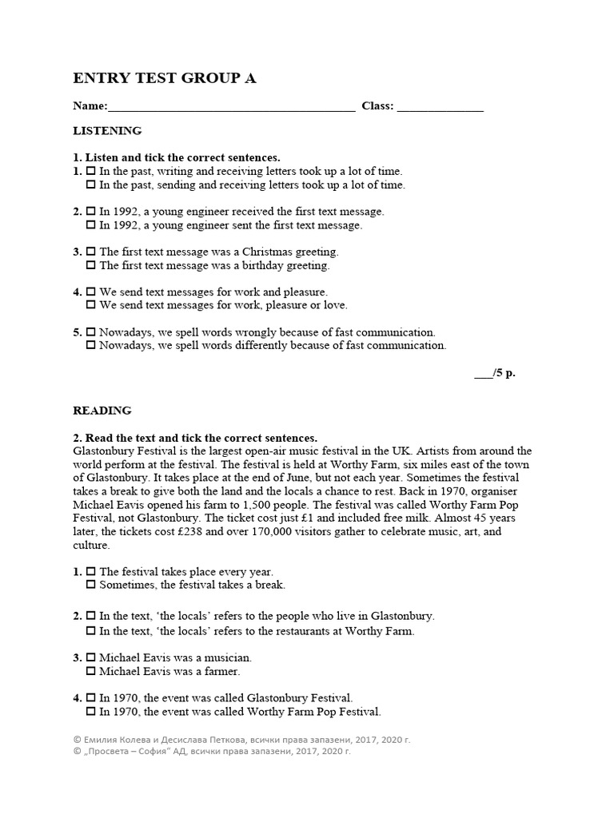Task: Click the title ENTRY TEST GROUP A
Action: pyautogui.click(x=165, y=77)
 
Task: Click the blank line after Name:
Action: pyautogui.click(x=231, y=106)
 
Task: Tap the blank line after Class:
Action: pyautogui.click(x=440, y=106)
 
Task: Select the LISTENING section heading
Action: pyautogui.click(x=107, y=130)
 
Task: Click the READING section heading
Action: pyautogui.click(x=102, y=411)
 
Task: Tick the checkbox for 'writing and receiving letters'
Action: pyautogui.click(x=91, y=172)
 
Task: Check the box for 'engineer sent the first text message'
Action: pyautogui.click(x=91, y=225)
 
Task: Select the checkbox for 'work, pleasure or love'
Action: pyautogui.click(x=91, y=305)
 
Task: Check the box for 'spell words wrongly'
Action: pyautogui.click(x=91, y=332)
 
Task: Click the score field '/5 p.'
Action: pyautogui.click(x=495, y=373)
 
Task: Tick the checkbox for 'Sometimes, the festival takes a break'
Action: pyautogui.click(x=91, y=586)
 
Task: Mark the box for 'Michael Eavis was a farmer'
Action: pyautogui.click(x=91, y=671)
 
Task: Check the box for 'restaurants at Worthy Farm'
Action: pyautogui.click(x=91, y=631)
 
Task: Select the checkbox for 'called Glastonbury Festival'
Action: pyautogui.click(x=91, y=698)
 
